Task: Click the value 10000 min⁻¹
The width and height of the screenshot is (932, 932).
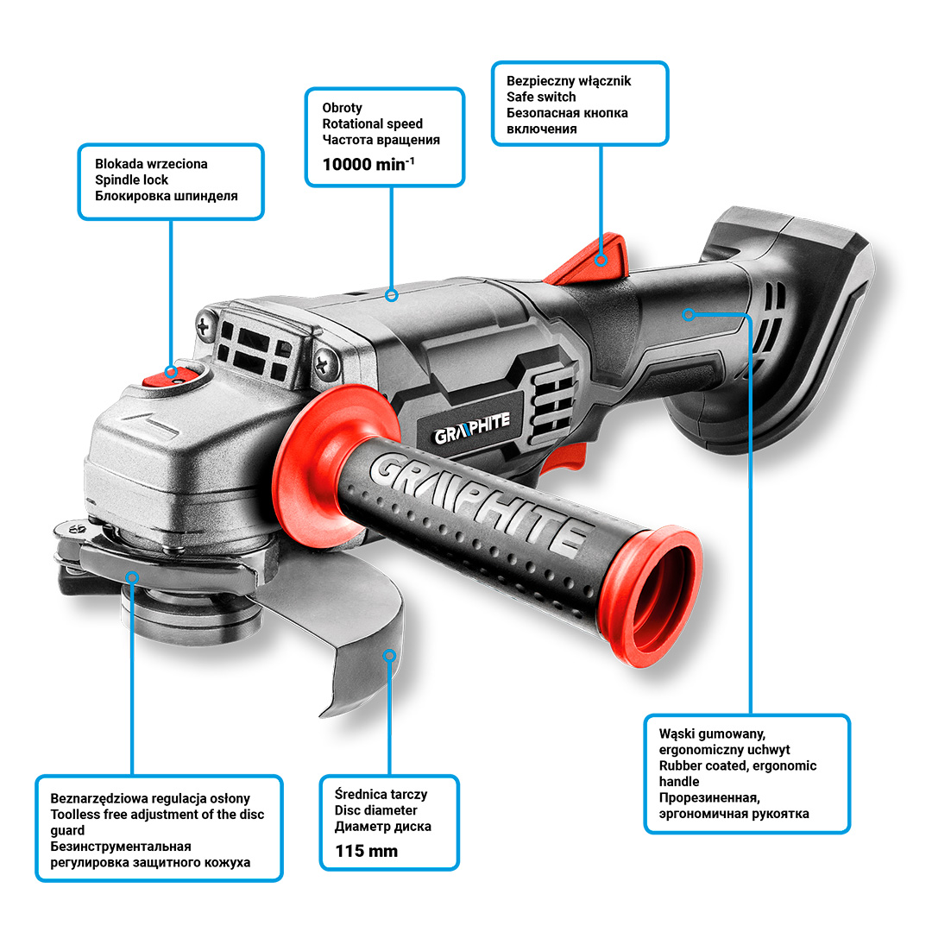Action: (x=368, y=164)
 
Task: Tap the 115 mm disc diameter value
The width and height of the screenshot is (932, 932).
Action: (x=366, y=851)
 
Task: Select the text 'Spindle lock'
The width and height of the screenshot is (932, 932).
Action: (x=131, y=180)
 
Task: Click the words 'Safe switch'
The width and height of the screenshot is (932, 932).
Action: (x=541, y=97)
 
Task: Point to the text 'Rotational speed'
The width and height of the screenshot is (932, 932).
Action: (x=373, y=123)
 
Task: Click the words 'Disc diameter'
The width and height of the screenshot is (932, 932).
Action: (x=375, y=810)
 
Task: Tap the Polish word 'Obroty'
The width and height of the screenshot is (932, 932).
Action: (x=343, y=108)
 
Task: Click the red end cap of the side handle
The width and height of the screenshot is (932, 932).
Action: (x=652, y=595)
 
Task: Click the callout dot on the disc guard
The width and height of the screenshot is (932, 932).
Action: (x=389, y=656)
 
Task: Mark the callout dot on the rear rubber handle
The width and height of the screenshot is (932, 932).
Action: (x=689, y=314)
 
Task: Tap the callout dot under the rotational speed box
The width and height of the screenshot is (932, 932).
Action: (x=391, y=295)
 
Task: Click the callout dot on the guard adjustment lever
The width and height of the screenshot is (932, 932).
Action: (x=133, y=577)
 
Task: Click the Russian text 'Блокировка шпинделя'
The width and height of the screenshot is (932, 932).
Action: (x=167, y=196)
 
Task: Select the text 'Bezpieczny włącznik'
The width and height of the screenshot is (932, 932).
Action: (x=568, y=81)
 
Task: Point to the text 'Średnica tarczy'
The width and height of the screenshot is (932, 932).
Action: (x=381, y=794)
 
